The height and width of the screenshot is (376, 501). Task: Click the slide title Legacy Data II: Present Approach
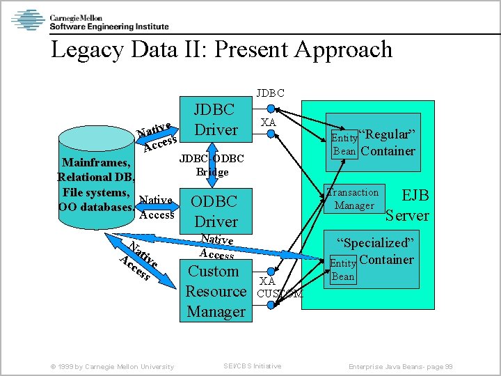[222, 50]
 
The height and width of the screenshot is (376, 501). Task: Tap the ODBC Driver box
[215, 212]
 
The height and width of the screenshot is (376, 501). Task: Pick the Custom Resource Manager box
[216, 291]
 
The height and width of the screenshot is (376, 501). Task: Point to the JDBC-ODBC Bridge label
[212, 166]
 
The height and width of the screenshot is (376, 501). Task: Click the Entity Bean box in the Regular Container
[344, 144]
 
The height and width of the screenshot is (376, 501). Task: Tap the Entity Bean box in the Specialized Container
[342, 270]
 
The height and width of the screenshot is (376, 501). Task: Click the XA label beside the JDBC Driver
[268, 123]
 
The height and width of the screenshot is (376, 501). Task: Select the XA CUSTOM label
[276, 288]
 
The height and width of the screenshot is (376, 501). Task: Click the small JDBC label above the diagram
[270, 93]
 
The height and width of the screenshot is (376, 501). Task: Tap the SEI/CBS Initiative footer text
[253, 366]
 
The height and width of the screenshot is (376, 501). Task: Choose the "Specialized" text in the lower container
[376, 243]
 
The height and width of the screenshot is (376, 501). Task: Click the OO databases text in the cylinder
[96, 207]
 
